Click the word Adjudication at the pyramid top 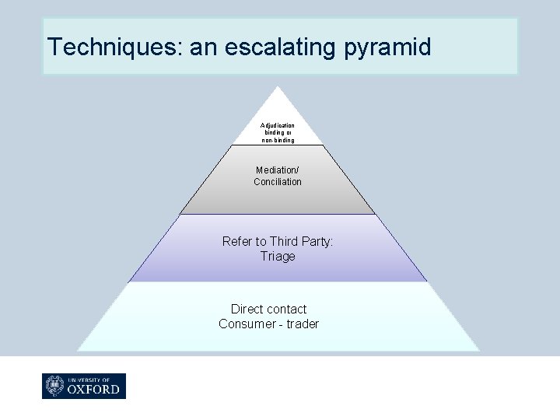[x=278, y=124]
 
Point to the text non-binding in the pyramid [x=278, y=140]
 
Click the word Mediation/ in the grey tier [x=278, y=170]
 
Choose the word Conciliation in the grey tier [x=278, y=182]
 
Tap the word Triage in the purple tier [x=278, y=257]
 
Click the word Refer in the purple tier [x=236, y=242]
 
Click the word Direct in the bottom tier [x=247, y=310]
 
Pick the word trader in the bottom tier [x=303, y=324]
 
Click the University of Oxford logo [x=84, y=386]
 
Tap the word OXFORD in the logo [x=94, y=388]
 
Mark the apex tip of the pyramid [x=278, y=86]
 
